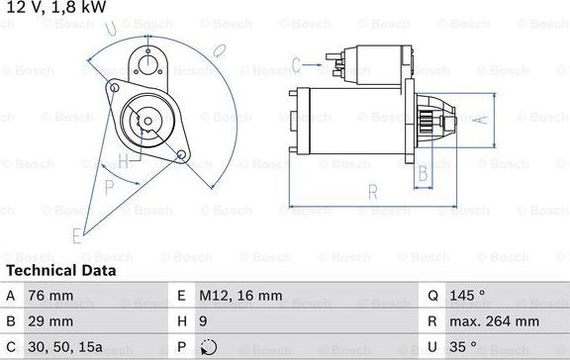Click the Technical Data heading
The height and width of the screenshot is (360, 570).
tap(61, 270)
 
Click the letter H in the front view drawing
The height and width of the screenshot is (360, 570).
tap(123, 160)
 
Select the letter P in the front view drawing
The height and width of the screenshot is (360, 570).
tap(110, 185)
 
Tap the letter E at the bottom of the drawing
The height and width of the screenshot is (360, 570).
tap(76, 234)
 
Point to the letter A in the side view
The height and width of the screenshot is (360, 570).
tap(480, 120)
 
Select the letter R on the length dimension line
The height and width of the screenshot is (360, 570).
tap(372, 192)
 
